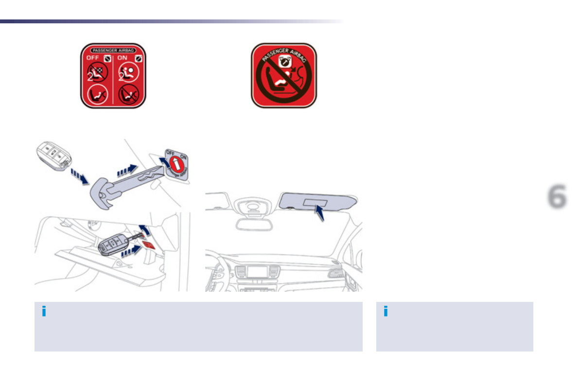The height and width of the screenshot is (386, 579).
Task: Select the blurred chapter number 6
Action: pyautogui.click(x=557, y=197)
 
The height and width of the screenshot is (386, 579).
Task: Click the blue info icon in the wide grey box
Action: pyautogui.click(x=44, y=312)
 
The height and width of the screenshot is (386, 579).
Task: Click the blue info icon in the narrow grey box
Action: pyautogui.click(x=386, y=312)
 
